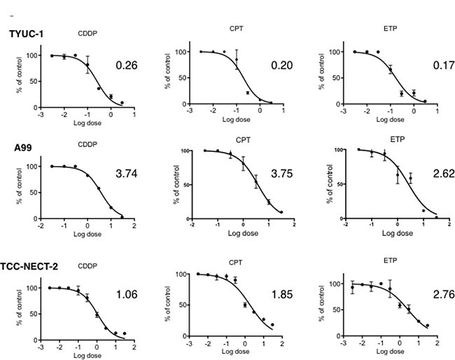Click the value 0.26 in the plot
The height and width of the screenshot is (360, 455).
(x=125, y=66)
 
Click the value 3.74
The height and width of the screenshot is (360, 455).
(x=127, y=179)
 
